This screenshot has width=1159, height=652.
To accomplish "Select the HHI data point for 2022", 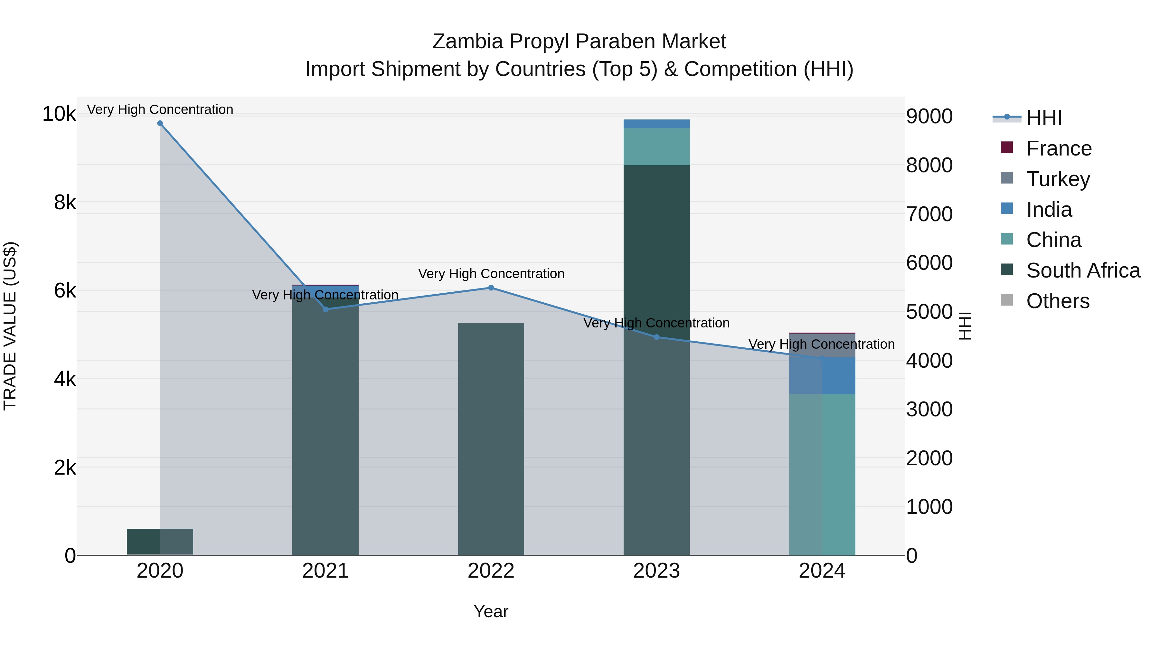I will point(491,288).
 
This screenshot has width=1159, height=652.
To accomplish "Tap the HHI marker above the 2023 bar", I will point(656,337).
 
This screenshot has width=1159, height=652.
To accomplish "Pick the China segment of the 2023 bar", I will point(656,147).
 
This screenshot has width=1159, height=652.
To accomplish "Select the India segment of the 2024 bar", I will point(822,376).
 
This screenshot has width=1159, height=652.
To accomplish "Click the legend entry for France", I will point(1059,148).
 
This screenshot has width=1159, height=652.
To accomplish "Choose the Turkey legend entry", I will point(1058,179).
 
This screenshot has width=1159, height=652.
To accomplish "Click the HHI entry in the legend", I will point(1044,118).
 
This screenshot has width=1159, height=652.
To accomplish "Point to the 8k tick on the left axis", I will point(65,203).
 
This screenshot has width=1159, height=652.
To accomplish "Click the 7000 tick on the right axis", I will point(929,214).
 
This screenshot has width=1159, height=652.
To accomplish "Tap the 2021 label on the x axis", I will point(325,571).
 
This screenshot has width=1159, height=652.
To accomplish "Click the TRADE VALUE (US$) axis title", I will point(10,326).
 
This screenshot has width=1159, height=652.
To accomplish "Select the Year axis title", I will point(491,611).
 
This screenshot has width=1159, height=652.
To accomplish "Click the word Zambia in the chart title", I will point(467,42).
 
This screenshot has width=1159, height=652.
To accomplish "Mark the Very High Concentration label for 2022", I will point(491,274).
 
